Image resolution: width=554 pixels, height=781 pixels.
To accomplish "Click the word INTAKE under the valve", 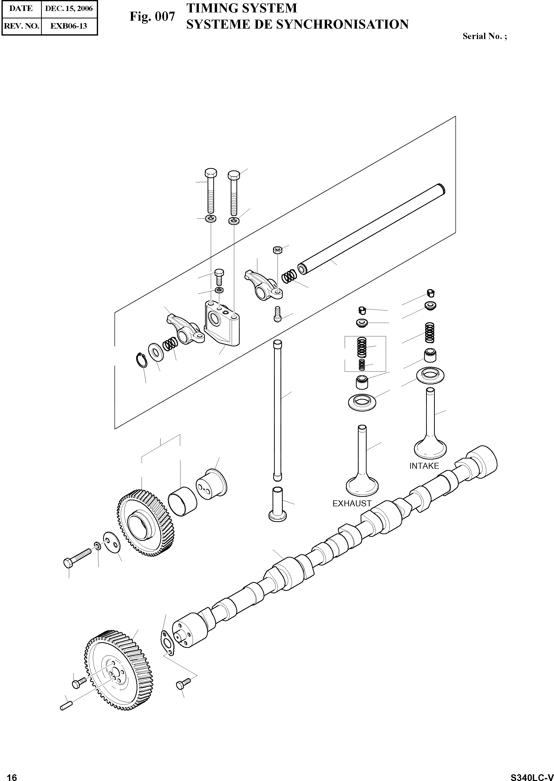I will point(424,466).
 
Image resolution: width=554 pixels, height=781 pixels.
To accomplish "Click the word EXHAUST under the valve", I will point(352,503).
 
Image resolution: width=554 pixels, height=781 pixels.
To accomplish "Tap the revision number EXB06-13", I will point(69,26).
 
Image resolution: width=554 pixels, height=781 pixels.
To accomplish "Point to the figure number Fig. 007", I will point(152,17).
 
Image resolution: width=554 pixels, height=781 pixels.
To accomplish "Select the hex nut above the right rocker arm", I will point(277,250).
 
